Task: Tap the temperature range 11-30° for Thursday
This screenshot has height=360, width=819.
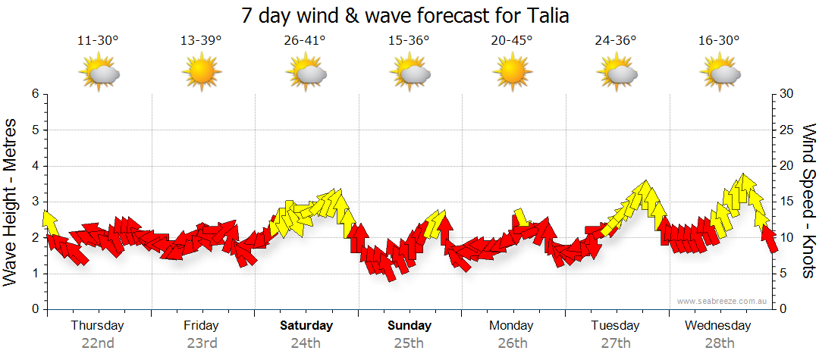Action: tap(98, 41)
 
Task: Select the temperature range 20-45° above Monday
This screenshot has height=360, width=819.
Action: tap(512, 41)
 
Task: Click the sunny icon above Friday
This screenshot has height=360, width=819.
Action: tap(201, 73)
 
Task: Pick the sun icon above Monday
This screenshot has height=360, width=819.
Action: tap(512, 73)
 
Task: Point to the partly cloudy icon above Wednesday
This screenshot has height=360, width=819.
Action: tap(720, 73)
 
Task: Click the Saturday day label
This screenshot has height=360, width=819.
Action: tap(306, 326)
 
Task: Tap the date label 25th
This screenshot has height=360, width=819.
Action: tap(409, 343)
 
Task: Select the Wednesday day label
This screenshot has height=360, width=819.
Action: tap(717, 326)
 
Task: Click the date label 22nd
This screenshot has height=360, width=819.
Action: tap(98, 343)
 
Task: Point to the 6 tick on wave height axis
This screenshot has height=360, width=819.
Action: tap(34, 94)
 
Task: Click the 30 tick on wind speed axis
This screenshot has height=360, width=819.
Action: tap(788, 94)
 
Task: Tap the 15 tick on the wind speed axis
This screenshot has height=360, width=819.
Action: tap(788, 202)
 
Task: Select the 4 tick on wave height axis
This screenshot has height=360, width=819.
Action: tap(34, 166)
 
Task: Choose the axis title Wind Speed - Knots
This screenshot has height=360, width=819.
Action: tap(808, 202)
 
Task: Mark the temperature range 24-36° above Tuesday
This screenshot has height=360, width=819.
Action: tap(615, 41)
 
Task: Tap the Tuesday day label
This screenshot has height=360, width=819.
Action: tap(615, 326)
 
